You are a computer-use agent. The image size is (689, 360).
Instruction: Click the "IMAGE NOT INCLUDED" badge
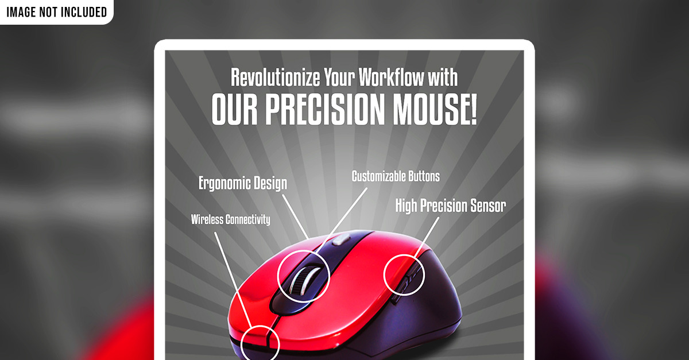click(57, 12)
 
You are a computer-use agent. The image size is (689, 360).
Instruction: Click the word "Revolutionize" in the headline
click(275, 78)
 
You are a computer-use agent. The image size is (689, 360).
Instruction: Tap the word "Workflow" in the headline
click(391, 77)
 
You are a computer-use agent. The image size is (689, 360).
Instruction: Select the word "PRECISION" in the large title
click(325, 109)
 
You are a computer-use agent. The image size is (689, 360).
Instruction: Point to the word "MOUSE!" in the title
click(435, 109)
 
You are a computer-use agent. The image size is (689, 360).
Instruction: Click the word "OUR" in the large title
click(234, 109)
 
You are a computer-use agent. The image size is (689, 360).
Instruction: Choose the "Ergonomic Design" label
click(243, 183)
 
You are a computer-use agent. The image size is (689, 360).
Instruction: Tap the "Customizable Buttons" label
click(396, 176)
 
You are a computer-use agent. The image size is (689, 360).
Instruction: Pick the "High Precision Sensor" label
click(450, 206)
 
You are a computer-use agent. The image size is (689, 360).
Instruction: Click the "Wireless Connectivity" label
click(230, 219)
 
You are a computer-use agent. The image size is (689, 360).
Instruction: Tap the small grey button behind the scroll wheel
click(341, 239)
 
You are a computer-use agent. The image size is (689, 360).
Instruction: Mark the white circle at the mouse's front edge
click(260, 326)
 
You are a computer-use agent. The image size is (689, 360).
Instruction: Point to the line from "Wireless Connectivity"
click(234, 280)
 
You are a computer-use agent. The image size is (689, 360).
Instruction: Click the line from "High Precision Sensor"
click(427, 237)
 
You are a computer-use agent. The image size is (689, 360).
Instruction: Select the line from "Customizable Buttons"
click(341, 220)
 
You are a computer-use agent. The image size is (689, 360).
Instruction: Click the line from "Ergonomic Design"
click(295, 216)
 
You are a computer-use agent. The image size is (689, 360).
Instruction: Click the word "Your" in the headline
click(339, 77)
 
